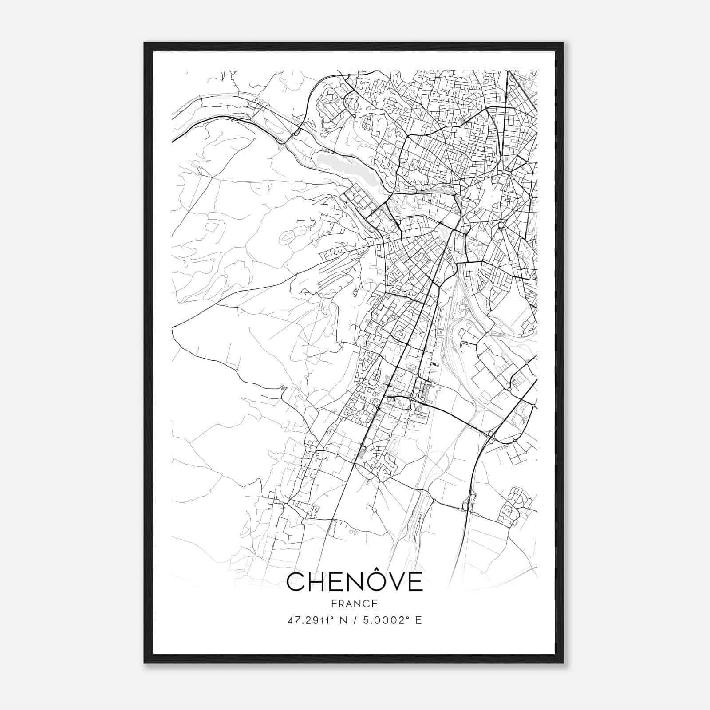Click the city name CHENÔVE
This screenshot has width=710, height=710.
[x=355, y=582]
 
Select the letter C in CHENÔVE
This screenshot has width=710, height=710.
[x=296, y=582]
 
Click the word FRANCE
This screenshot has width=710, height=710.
[x=355, y=604]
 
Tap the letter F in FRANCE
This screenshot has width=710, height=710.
[x=333, y=604]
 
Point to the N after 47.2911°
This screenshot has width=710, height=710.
[x=343, y=620]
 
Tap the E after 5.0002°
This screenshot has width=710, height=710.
[x=418, y=620]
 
